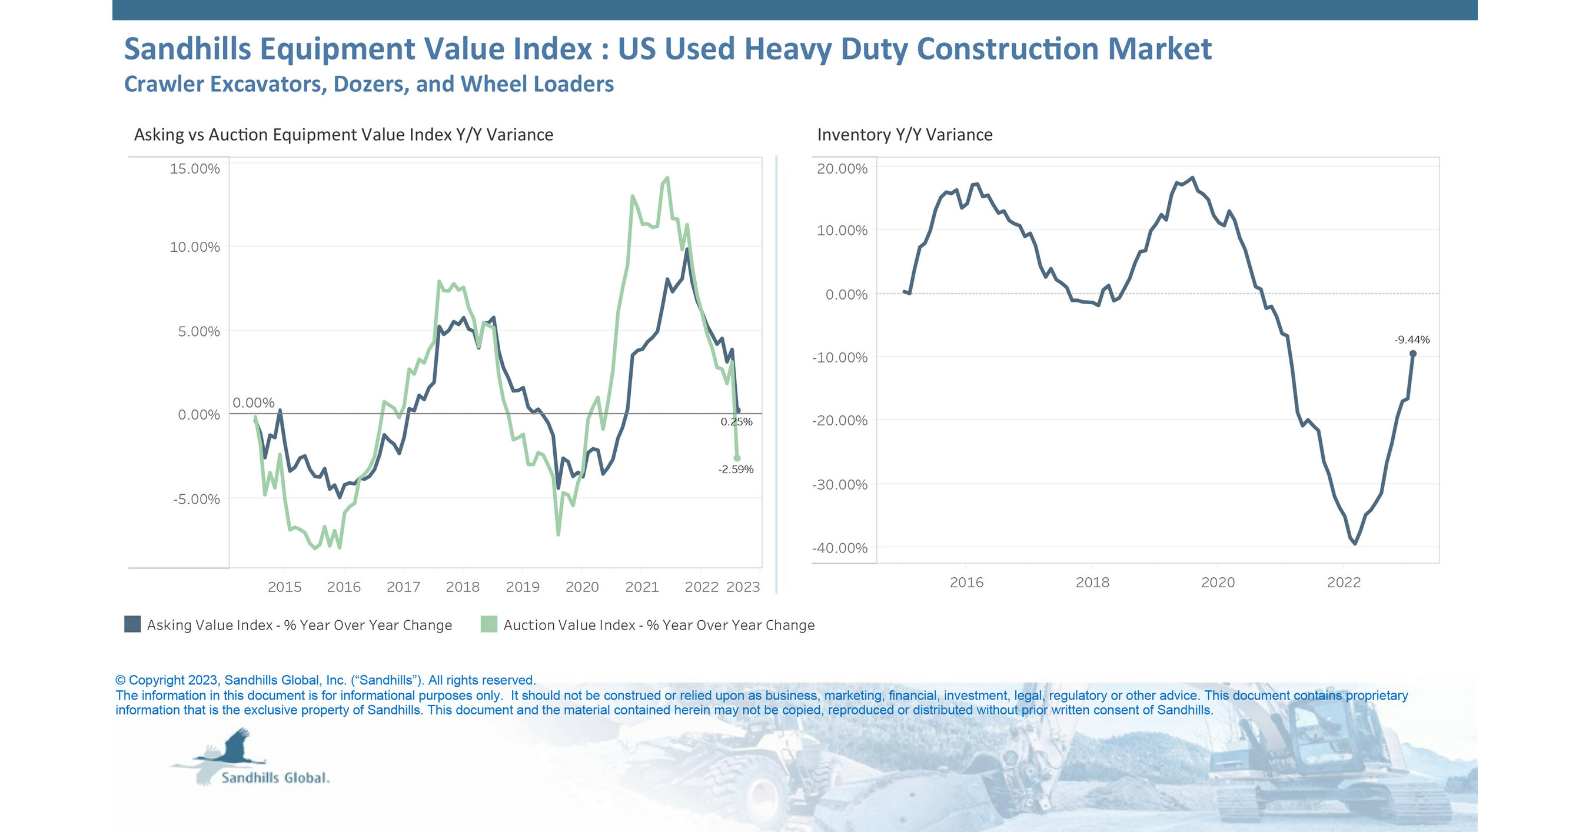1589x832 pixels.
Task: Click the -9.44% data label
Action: (1411, 340)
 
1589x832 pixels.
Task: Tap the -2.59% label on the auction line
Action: (735, 470)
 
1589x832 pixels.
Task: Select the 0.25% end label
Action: (736, 422)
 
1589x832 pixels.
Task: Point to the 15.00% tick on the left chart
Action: (194, 168)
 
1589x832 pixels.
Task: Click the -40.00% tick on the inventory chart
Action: (840, 548)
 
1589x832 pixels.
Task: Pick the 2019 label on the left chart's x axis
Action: (523, 587)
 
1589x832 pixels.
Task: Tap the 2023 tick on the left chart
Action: (743, 587)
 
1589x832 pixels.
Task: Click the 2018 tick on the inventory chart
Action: (1092, 582)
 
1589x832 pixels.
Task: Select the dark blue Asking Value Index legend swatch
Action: (132, 624)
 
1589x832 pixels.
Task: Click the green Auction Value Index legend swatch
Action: (488, 624)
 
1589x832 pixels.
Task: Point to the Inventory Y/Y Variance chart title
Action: (905, 135)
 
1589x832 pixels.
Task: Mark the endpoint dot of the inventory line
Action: (1412, 354)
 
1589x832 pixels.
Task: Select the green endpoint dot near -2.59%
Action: (736, 458)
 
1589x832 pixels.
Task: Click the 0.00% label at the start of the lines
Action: (254, 402)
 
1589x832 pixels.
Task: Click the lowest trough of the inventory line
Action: (1355, 543)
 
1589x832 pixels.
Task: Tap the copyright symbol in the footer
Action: (120, 680)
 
